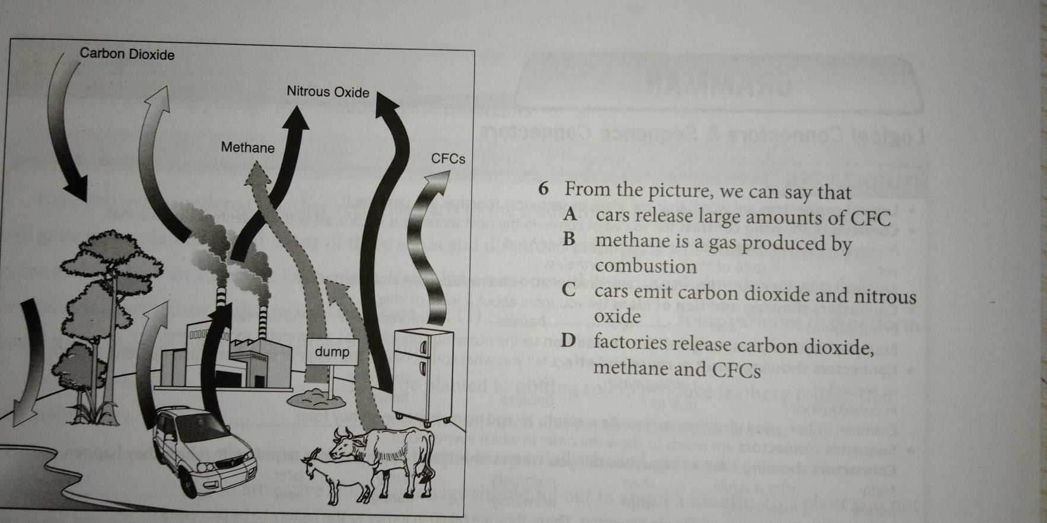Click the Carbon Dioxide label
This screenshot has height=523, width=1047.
[x=128, y=55]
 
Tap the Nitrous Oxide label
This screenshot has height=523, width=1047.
[x=327, y=92]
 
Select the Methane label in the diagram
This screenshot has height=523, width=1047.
[x=248, y=148]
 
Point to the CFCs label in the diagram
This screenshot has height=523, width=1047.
[x=448, y=159]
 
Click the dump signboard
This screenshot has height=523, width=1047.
[x=332, y=352]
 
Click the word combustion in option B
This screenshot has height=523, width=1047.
[x=646, y=266]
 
